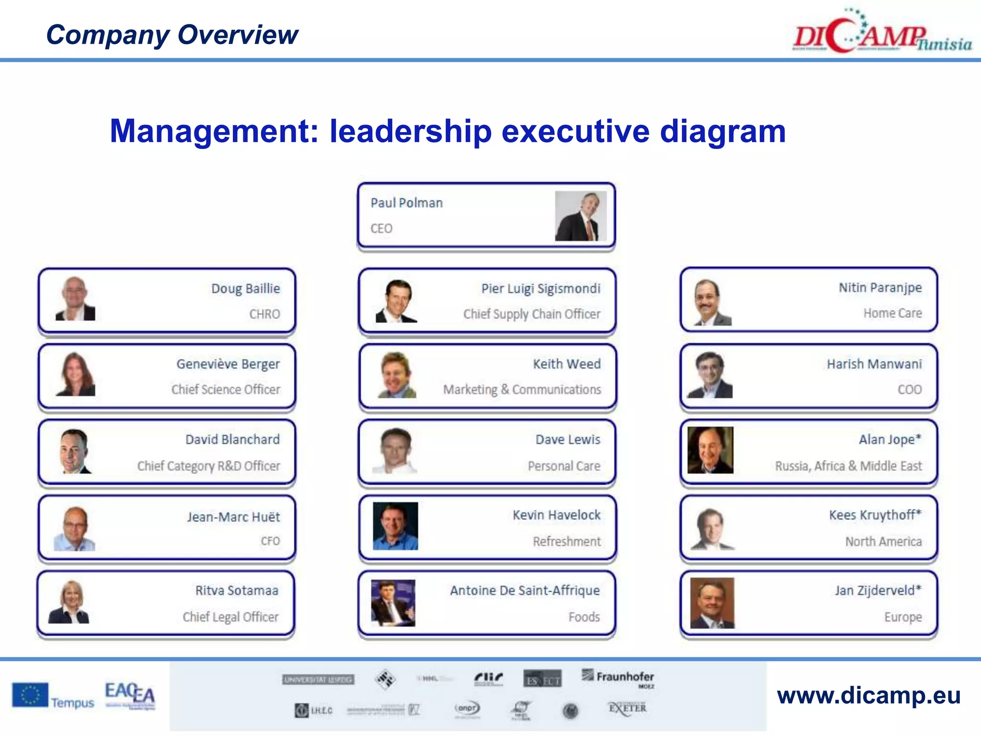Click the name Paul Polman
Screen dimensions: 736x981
(406, 203)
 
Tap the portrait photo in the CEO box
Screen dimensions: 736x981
(581, 216)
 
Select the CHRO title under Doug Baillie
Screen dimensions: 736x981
(264, 314)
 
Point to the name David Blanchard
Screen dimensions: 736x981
(232, 439)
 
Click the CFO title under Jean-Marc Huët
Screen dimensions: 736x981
(270, 541)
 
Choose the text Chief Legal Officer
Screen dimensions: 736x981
(230, 617)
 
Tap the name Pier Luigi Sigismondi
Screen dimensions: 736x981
(540, 288)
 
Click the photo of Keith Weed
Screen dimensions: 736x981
(397, 375)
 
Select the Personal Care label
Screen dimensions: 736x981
(564, 466)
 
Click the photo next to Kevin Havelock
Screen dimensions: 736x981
(395, 526)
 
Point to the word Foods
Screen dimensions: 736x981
(584, 617)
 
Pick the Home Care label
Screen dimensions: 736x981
(892, 313)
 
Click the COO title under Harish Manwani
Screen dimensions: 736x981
(909, 390)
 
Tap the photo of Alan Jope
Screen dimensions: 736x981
(710, 450)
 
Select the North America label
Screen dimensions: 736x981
(883, 541)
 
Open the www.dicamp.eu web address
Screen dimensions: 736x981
(868, 696)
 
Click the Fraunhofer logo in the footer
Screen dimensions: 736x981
(618, 678)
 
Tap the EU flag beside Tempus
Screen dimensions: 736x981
(30, 695)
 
